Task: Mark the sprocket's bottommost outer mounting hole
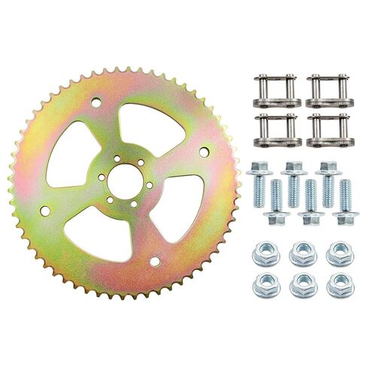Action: (x=154, y=260)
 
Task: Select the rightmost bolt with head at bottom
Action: (x=345, y=203)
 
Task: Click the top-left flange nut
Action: (x=265, y=253)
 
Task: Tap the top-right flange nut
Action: (x=340, y=253)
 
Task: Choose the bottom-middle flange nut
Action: (x=303, y=284)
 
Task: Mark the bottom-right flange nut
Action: (x=340, y=284)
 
